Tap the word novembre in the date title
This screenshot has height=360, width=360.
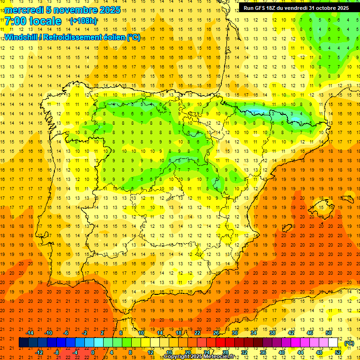(73, 10)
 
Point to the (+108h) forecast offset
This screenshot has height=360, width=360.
(83, 21)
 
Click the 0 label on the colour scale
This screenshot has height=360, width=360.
(93, 352)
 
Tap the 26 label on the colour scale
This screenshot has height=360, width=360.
(216, 333)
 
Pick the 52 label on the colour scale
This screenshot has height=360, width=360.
(337, 352)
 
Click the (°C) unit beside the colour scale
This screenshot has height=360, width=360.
(349, 343)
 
